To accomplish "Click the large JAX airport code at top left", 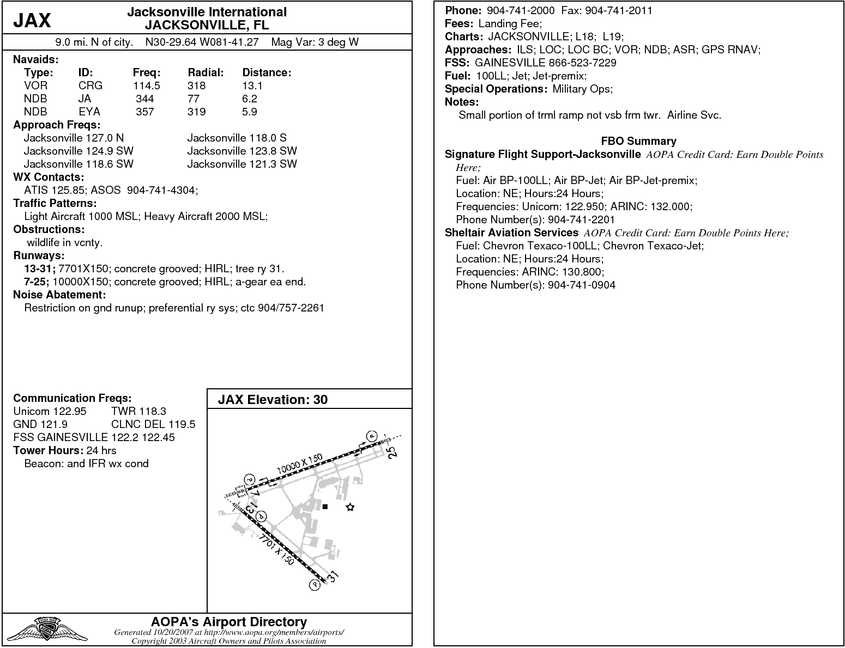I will [x=32, y=21].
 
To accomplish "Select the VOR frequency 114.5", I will [x=146, y=85].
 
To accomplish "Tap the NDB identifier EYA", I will [x=89, y=112].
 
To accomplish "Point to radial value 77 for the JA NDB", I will [x=194, y=99].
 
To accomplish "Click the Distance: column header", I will [x=267, y=72].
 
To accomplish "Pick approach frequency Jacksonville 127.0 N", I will [x=74, y=138].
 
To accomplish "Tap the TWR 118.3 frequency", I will [x=138, y=411].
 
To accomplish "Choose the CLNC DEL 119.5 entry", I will [x=153, y=424].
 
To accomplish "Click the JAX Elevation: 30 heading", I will [x=273, y=400].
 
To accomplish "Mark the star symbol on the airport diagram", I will [x=350, y=508].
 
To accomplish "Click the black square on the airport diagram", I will [x=325, y=507].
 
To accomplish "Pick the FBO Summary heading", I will [x=638, y=141].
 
